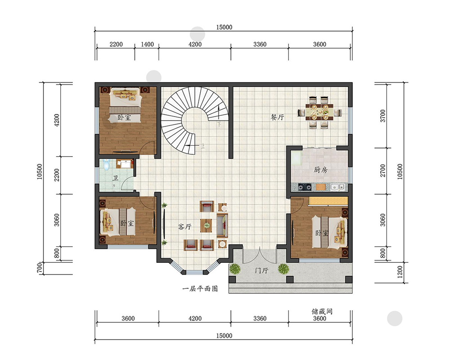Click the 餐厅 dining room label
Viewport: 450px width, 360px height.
[278, 117]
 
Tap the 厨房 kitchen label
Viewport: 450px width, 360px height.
[320, 170]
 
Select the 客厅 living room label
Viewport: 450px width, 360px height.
[184, 227]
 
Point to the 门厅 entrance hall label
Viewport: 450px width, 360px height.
[261, 270]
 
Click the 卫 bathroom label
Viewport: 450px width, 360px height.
[115, 178]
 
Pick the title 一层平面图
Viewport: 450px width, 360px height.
[200, 288]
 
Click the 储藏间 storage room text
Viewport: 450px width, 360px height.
[322, 311]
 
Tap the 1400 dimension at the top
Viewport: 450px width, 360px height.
[147, 44]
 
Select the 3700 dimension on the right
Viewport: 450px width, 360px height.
[383, 116]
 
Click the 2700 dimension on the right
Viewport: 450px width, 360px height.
[383, 171]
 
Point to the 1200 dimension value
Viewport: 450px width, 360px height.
[400, 272]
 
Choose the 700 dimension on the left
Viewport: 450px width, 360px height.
[40, 268]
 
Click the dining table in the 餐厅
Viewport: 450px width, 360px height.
[320, 112]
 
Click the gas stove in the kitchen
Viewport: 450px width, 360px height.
[305, 188]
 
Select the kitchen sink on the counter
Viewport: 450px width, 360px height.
[337, 187]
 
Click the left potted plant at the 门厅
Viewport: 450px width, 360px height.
[235, 269]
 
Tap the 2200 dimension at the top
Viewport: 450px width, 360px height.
[116, 44]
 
